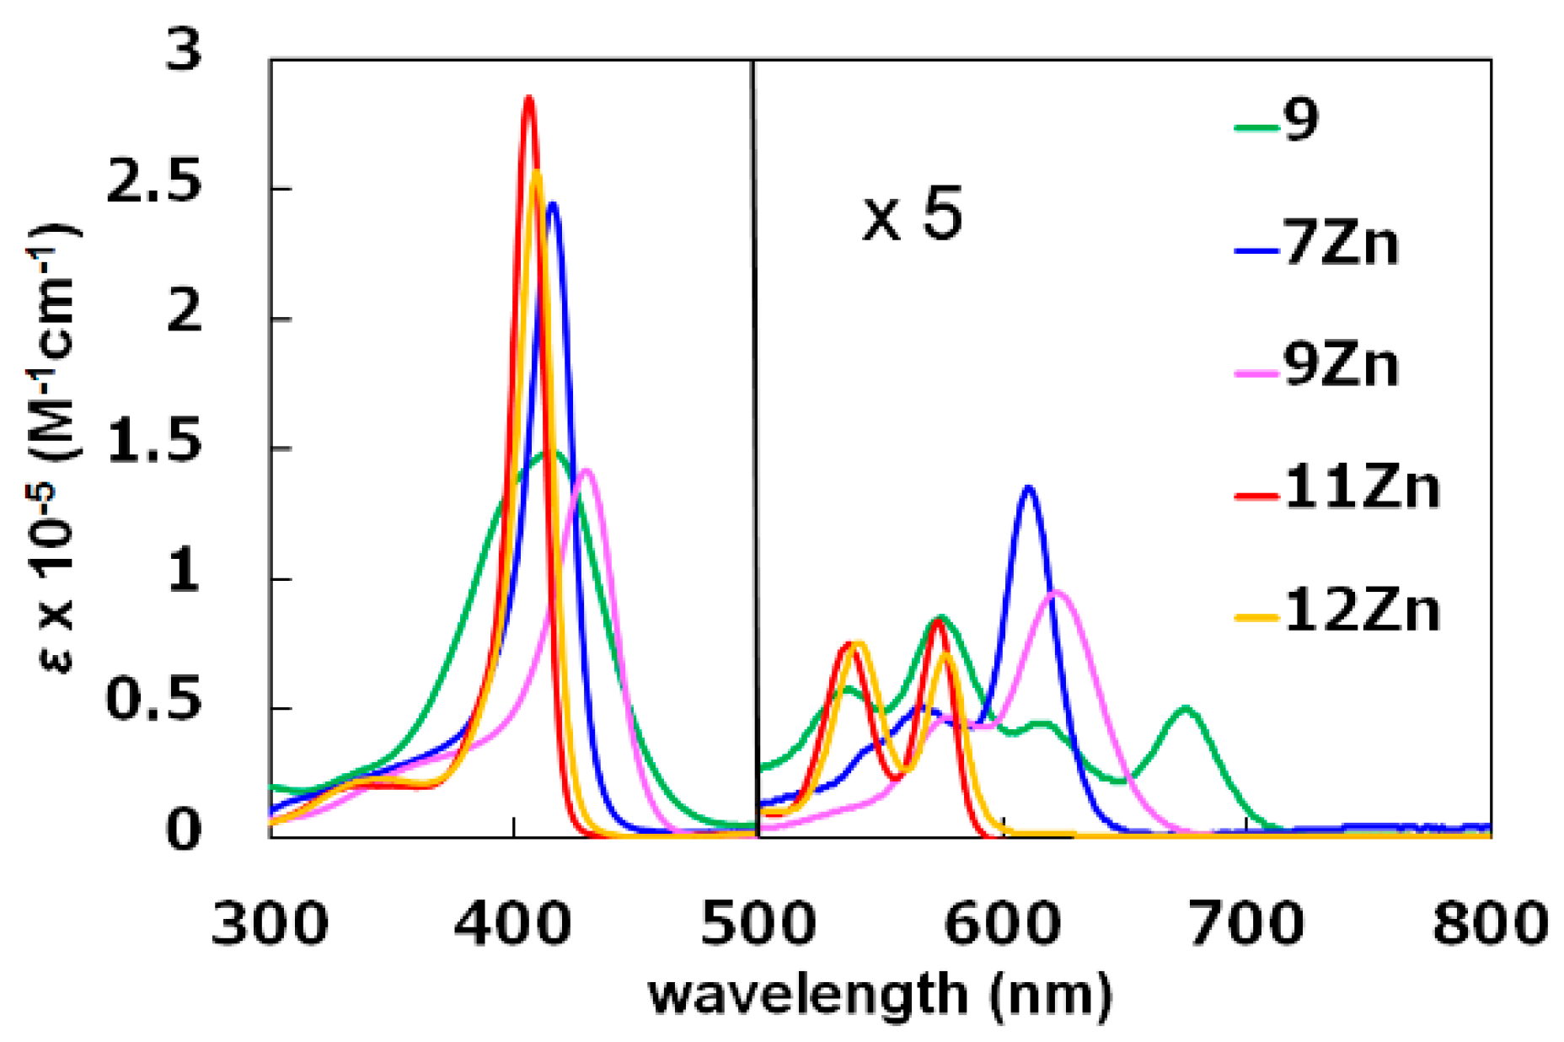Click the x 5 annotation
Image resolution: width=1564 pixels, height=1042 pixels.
912,218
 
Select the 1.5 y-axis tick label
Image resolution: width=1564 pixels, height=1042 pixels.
155,445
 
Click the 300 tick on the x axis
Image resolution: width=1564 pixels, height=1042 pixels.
270,923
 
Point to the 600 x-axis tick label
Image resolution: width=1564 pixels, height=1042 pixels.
1002,923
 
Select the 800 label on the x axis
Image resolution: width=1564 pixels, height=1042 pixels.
1490,923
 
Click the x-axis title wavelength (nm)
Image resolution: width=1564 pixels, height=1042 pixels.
881,995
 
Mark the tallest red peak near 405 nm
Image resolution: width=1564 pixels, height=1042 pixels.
528,98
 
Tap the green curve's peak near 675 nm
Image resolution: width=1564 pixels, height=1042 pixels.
1186,708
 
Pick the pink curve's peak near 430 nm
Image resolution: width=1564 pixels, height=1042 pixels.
586,470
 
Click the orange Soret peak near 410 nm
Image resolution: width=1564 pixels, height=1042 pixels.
536,173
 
